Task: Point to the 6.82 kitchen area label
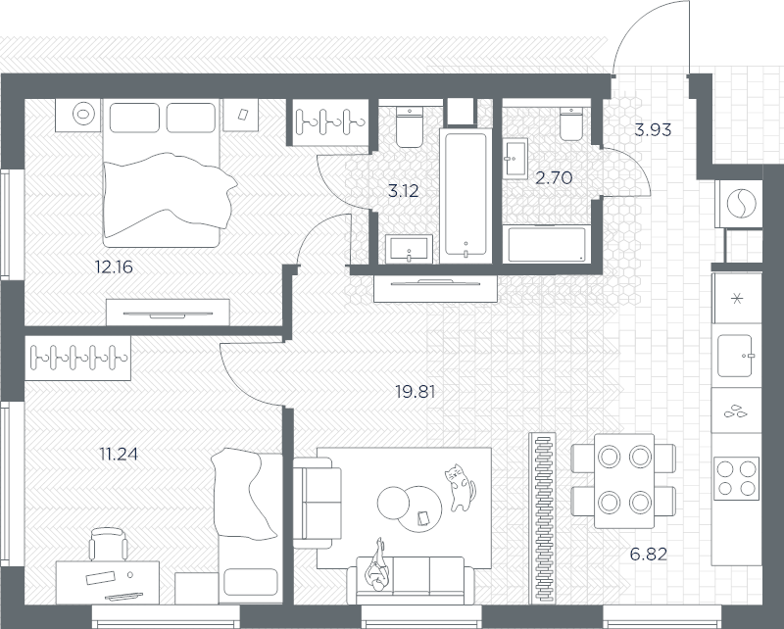648,555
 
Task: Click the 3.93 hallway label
652,128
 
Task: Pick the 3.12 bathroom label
404,191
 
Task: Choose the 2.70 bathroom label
553,177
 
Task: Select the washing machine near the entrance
742,203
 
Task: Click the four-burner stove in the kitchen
735,478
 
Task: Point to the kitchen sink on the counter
736,355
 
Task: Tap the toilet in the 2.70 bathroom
572,123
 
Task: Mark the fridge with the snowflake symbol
735,296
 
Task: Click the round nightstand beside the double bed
81,116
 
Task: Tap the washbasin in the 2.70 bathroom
514,158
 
